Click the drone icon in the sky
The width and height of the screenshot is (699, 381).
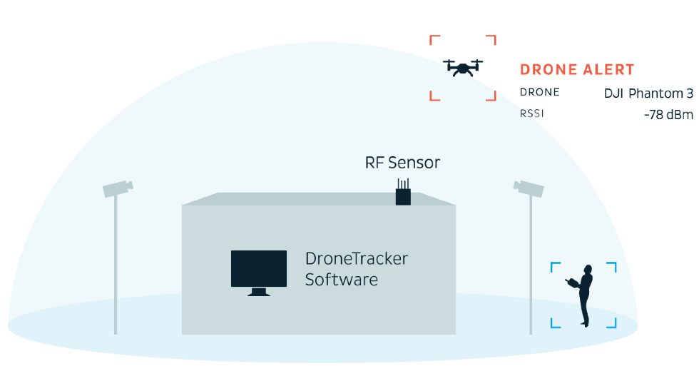pyautogui.click(x=463, y=67)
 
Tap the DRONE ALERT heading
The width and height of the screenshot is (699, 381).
pyautogui.click(x=577, y=70)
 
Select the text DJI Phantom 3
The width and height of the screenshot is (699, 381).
pyautogui.click(x=648, y=93)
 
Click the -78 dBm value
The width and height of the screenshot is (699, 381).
pyautogui.click(x=668, y=114)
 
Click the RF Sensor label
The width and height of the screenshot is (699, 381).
pyautogui.click(x=402, y=163)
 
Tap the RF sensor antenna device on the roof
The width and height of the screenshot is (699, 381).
pyautogui.click(x=404, y=193)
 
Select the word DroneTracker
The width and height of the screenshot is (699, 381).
pyautogui.click(x=356, y=258)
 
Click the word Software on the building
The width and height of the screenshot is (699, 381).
pyautogui.click(x=341, y=279)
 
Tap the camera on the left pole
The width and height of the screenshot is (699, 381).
pyautogui.click(x=117, y=188)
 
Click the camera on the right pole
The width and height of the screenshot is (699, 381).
pyautogui.click(x=529, y=188)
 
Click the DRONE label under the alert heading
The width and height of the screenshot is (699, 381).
pyautogui.click(x=539, y=93)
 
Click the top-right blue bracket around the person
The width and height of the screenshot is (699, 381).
pyautogui.click(x=612, y=265)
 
